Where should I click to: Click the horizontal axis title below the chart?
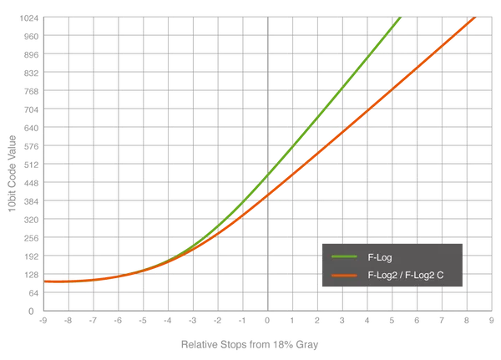(250, 343)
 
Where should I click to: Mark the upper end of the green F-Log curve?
(402, 19)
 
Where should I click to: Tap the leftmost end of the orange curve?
(46, 281)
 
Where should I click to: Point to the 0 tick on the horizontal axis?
(267, 318)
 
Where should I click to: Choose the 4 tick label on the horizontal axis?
(367, 318)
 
